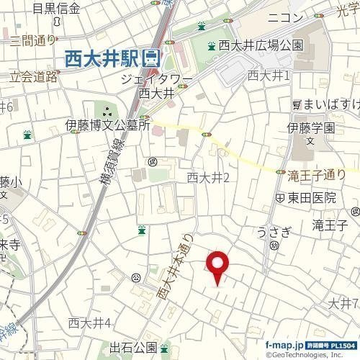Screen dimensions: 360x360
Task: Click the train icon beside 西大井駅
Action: coord(152,58)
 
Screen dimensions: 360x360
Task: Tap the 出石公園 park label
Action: coord(132,348)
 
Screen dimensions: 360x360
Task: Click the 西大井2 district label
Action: coord(207,177)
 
